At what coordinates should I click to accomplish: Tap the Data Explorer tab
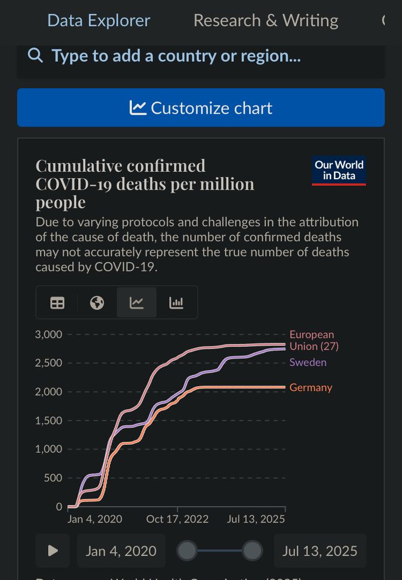coord(98,21)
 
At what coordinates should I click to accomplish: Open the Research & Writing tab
coord(265,21)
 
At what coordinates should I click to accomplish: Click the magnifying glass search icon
coord(35,56)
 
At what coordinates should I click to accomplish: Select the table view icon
coord(58,303)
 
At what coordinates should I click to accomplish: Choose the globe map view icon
coord(97,303)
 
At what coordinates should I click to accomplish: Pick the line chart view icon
coord(137,303)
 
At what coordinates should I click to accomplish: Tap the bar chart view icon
coord(176,303)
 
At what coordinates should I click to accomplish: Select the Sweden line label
coord(308,362)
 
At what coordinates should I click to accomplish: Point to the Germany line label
coord(311,387)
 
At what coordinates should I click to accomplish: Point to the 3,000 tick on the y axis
coord(48,334)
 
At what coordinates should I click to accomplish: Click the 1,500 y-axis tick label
coord(48,420)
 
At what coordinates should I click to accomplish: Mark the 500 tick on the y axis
coord(52,478)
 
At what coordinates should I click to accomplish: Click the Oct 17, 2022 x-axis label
coord(177,519)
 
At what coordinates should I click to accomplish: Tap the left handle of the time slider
coord(186,550)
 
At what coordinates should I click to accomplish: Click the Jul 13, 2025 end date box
coord(320,550)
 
